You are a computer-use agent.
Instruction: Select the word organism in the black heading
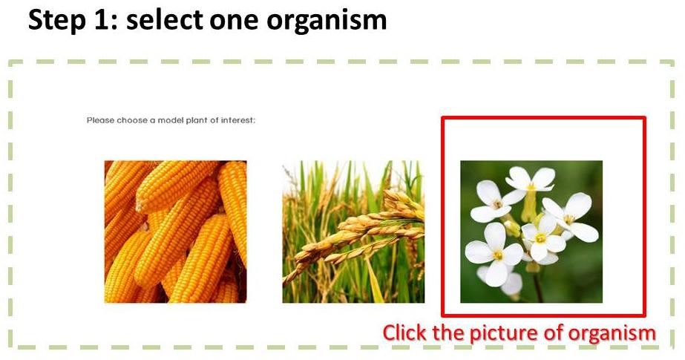pyautogui.click(x=327, y=21)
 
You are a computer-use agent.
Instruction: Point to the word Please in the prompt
pyautogui.click(x=100, y=120)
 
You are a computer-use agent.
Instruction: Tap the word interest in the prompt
pyautogui.click(x=238, y=120)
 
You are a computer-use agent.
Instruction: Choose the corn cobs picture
pyautogui.click(x=176, y=232)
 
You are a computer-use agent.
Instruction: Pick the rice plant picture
pyautogui.click(x=353, y=232)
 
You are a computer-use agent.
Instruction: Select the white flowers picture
pyautogui.click(x=531, y=232)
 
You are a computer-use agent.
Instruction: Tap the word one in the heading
pyautogui.click(x=235, y=21)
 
